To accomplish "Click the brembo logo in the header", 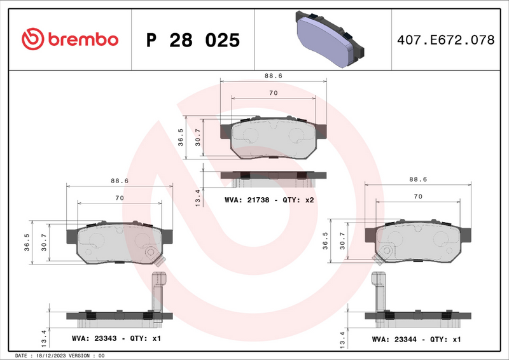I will [70, 39].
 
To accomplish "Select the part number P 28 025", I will [193, 40].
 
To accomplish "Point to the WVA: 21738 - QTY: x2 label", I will [270, 200].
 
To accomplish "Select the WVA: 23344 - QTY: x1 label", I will [415, 339].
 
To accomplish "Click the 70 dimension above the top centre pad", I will [273, 93].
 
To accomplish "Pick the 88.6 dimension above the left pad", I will [120, 181].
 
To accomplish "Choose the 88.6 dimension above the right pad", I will [417, 180].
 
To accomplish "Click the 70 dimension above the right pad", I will [417, 197].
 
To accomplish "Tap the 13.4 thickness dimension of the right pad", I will [343, 337].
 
